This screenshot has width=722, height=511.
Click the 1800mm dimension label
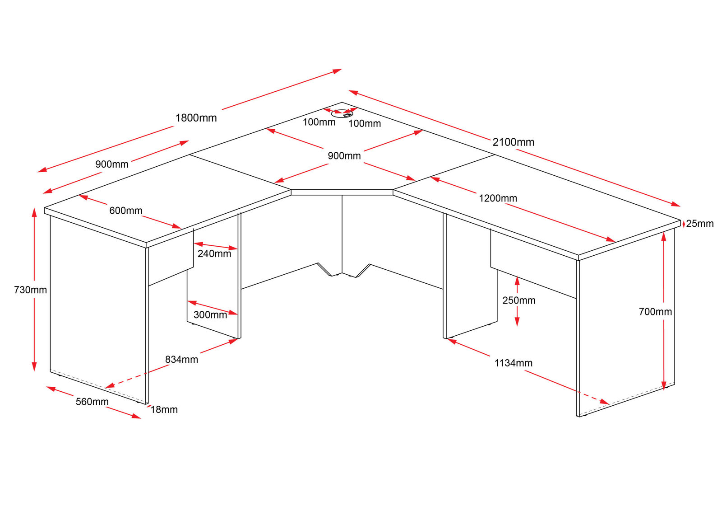[x=196, y=118]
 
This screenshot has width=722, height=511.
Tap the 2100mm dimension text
[x=513, y=142]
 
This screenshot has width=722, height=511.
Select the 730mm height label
[x=30, y=290]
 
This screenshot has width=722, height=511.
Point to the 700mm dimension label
[x=655, y=311]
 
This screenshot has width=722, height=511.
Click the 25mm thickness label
[x=699, y=223]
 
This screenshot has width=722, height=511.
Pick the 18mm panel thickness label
[x=164, y=409]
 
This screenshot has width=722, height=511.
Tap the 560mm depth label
[x=92, y=401]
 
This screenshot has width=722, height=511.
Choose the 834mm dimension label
[x=181, y=359]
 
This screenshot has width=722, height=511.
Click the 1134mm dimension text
[x=513, y=363]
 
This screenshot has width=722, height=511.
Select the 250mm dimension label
[x=518, y=300]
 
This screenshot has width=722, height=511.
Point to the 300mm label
[x=210, y=314]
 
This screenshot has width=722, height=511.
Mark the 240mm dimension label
[x=214, y=253]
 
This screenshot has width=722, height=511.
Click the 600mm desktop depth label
[x=125, y=210]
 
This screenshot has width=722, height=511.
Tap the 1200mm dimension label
[x=498, y=198]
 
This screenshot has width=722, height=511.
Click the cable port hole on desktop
[x=342, y=113]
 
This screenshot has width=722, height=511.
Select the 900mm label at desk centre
[x=344, y=155]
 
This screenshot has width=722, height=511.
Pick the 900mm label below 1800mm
[x=111, y=164]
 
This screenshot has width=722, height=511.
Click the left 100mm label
[x=319, y=122]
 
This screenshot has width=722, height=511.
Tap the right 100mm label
[x=364, y=123]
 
